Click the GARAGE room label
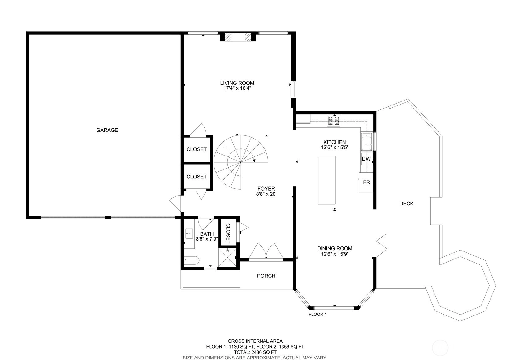(x=107, y=130)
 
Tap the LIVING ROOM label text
(x=237, y=83)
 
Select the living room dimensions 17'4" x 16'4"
(x=237, y=88)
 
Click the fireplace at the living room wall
(x=238, y=37)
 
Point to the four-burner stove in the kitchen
(x=334, y=121)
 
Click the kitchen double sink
(x=366, y=142)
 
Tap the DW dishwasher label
(x=366, y=159)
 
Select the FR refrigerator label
(x=366, y=182)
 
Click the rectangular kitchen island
(x=327, y=180)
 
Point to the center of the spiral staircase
(x=241, y=162)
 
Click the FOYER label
(x=266, y=189)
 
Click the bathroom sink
(x=189, y=234)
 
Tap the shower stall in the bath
(x=227, y=257)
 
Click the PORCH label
(x=266, y=276)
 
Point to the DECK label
(x=406, y=204)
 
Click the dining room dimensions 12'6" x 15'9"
(x=335, y=254)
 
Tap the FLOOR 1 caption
(x=318, y=314)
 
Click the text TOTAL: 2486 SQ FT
(x=255, y=352)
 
